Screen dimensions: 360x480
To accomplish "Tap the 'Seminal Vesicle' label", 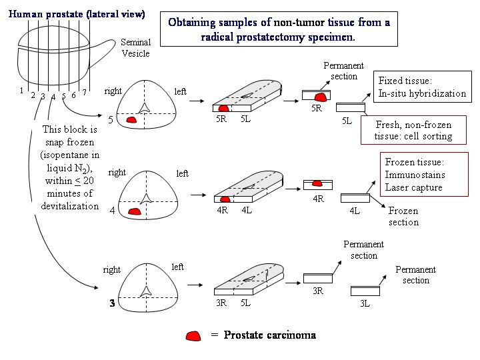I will (x=135, y=47).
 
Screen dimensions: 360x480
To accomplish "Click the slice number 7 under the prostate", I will (x=85, y=92).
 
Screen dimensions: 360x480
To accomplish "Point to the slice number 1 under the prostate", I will (x=22, y=91).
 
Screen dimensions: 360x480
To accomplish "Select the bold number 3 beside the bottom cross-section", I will (x=112, y=304).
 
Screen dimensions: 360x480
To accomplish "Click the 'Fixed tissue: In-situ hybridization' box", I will (x=421, y=87).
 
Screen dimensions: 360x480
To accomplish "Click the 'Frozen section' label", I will (x=403, y=216).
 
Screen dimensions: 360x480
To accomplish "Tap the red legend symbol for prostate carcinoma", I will (x=194, y=335).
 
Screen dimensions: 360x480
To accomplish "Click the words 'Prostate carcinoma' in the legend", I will (x=269, y=335).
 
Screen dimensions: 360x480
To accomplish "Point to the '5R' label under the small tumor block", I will (x=317, y=108).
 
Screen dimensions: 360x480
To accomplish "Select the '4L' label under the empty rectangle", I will (x=354, y=211).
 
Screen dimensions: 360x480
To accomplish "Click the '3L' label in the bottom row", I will (x=364, y=303).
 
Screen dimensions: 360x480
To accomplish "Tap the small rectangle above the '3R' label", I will (x=317, y=278).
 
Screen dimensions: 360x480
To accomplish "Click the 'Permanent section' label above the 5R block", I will (x=343, y=71).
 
